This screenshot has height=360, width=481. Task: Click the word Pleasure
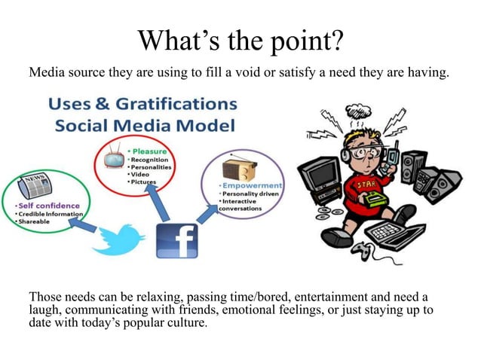[x=152, y=151]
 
